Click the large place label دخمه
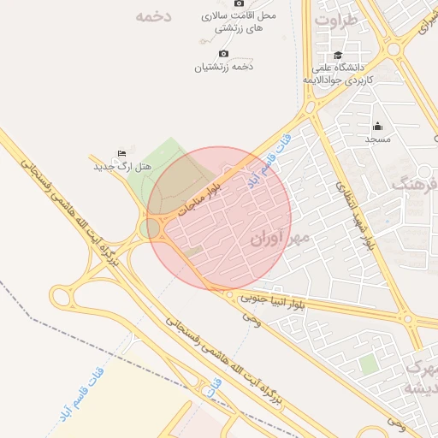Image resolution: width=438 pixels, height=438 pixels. click(154, 16)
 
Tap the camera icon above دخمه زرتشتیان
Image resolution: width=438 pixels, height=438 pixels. click(224, 54)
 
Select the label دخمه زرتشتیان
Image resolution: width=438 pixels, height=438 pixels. click(224, 67)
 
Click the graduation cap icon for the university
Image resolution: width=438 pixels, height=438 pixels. click(340, 56)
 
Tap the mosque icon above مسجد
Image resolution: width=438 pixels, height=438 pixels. click(378, 126)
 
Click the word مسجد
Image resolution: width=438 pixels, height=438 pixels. click(378, 139)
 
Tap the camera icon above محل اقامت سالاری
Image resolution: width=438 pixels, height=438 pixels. click(238, 3)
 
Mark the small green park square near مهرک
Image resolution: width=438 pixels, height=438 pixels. click(368, 365)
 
